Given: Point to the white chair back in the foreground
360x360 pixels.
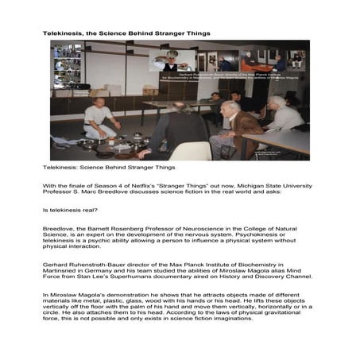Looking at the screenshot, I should point(190,150).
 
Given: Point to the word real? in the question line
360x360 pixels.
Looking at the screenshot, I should point(85,209).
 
